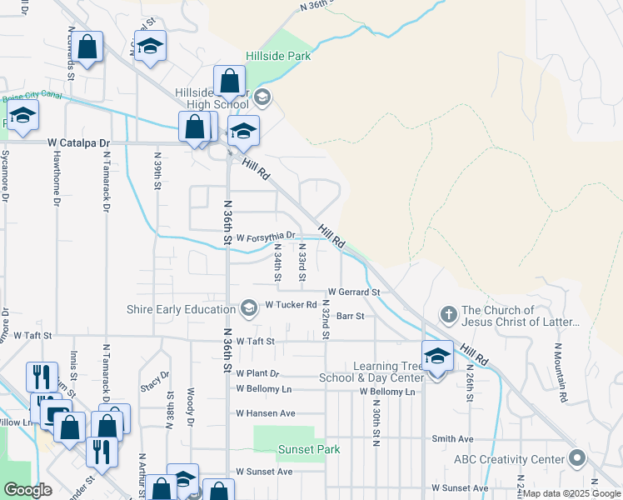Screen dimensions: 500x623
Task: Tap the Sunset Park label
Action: [x=283, y=450]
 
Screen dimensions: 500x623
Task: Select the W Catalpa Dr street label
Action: [x=79, y=143]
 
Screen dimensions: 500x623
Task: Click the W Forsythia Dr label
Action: [x=266, y=237]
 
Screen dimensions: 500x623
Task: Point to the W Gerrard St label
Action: [x=353, y=292]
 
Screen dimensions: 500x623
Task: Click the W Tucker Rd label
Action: [x=291, y=305]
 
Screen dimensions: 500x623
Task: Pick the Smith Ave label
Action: [x=452, y=439]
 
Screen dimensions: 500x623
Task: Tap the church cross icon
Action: [x=448, y=314]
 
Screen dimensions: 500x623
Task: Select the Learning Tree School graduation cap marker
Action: [x=437, y=357]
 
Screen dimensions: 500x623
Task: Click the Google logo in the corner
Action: [x=27, y=490]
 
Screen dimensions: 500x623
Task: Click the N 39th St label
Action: [x=157, y=170]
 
